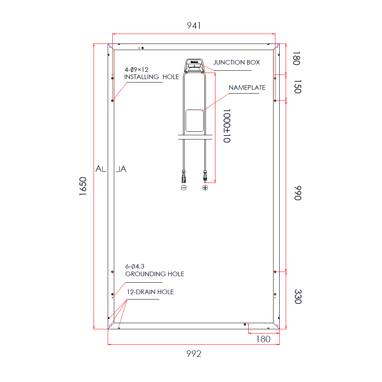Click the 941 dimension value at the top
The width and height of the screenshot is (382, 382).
pyautogui.click(x=194, y=26)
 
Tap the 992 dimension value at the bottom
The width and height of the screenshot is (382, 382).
pyautogui.click(x=194, y=353)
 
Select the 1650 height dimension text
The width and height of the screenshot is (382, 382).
pyautogui.click(x=83, y=186)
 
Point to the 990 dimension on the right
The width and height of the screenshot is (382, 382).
pyautogui.click(x=298, y=193)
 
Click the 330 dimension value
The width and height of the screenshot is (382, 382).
pyautogui.click(x=298, y=296)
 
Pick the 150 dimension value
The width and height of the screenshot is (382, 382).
pyautogui.click(x=298, y=86)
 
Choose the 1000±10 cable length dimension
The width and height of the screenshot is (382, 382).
pyautogui.click(x=227, y=126)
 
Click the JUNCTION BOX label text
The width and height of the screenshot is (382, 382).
pyautogui.click(x=236, y=62)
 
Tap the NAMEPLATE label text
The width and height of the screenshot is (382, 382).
pyautogui.click(x=247, y=88)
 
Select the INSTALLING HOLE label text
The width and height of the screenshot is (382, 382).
pyautogui.click(x=152, y=77)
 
